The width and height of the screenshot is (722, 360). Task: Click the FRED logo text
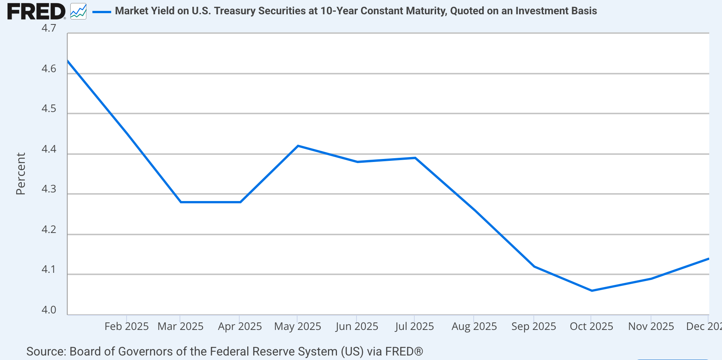tap(36, 11)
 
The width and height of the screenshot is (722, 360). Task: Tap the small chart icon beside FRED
tap(78, 11)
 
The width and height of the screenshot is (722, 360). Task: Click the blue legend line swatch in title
tap(101, 12)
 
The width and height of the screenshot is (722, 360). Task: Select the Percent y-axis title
tap(20, 174)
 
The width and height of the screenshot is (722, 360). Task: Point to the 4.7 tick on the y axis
tap(48, 28)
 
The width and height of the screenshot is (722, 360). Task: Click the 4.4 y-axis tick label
tap(48, 149)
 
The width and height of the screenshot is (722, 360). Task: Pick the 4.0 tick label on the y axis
tap(48, 310)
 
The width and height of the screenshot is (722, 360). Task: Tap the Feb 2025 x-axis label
tap(126, 326)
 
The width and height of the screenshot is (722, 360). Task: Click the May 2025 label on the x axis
tap(298, 326)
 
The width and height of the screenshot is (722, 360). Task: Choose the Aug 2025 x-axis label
tap(474, 326)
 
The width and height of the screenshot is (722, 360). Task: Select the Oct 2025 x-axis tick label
tap(591, 326)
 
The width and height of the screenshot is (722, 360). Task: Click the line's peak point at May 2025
tap(298, 146)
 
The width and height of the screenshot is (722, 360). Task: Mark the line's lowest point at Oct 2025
tap(592, 290)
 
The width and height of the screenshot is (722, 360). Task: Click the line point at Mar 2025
tap(181, 202)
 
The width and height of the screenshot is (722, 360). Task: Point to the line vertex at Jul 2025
tap(415, 158)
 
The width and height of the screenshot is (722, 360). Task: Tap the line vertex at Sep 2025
tap(534, 266)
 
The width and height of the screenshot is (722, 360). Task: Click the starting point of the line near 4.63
tap(68, 61)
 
